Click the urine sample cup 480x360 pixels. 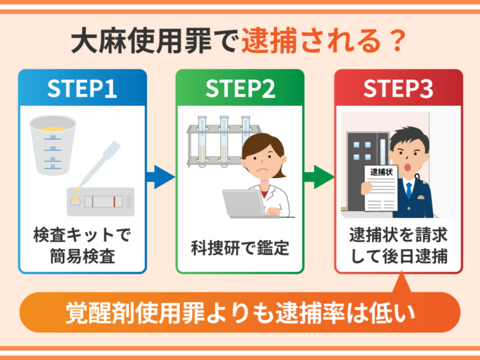53,145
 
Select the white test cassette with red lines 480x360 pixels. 102,201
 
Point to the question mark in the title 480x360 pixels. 398,42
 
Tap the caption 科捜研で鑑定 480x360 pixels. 240,248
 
